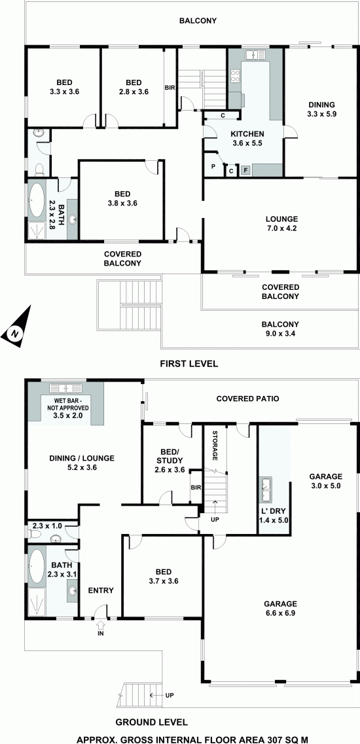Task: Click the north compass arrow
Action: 16,329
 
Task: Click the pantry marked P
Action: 213,167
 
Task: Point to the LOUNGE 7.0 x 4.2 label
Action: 281,223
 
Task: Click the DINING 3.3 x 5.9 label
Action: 321,109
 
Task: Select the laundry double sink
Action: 266,490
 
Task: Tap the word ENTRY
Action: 101,590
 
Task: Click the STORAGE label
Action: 215,446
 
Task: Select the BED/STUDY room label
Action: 166,462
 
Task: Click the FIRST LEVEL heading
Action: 189,364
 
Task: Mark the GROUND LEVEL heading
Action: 151,722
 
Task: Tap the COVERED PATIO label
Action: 247,399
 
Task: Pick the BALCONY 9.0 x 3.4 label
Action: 280,329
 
